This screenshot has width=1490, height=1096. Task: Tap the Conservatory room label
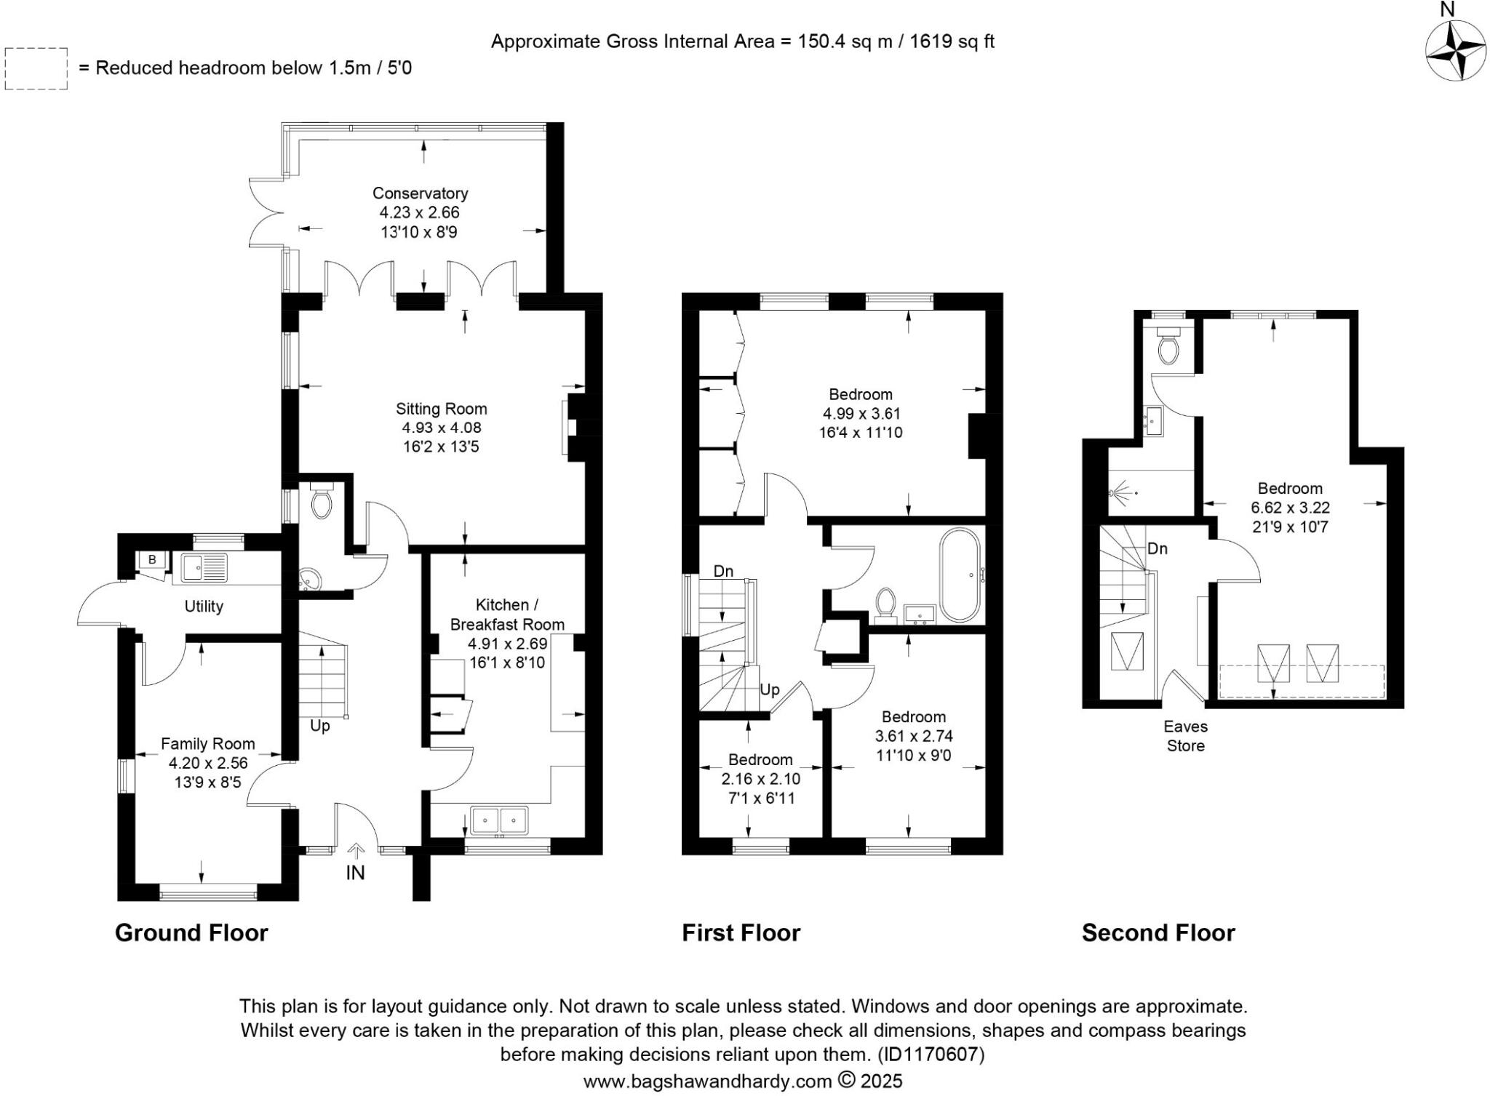[420, 193]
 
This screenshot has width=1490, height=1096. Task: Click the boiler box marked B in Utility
[152, 559]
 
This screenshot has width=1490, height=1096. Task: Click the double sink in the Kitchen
[499, 820]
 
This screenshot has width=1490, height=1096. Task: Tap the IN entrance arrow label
[355, 872]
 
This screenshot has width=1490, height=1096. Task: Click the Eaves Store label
[1185, 735]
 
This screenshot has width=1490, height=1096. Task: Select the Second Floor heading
[1158, 932]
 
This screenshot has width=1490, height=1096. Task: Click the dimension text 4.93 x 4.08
[441, 428]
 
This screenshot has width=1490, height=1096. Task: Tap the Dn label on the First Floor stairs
[722, 571]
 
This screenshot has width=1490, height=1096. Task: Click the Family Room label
[207, 743]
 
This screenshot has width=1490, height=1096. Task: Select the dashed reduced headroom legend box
[36, 68]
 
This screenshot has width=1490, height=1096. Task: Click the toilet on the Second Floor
[1168, 348]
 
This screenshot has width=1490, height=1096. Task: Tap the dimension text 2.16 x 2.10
[760, 779]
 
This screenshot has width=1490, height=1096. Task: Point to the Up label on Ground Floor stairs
[319, 726]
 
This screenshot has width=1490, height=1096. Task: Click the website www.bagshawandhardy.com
[707, 1081]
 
